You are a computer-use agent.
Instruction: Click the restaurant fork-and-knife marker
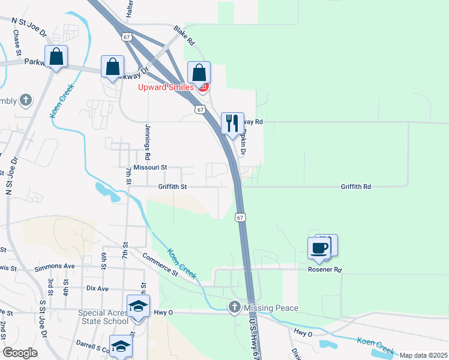point(232,124)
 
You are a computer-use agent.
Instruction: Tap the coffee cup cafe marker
point(319,248)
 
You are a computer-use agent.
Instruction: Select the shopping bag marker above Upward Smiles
point(199,73)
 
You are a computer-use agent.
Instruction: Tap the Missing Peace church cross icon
point(234,308)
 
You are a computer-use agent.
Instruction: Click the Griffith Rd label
point(355,187)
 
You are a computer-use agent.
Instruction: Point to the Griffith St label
point(173,187)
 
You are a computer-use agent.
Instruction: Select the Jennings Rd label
point(146,137)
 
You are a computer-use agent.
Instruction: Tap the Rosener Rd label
point(325,270)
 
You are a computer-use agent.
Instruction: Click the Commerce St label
point(160,265)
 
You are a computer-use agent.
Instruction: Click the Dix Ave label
point(97,289)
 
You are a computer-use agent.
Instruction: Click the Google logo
point(19,353)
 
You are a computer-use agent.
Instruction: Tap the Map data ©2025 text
point(423,355)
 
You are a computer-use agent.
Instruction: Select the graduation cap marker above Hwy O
point(138,306)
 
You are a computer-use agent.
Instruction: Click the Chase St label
point(17,43)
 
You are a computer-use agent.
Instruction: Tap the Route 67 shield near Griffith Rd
point(240,216)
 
